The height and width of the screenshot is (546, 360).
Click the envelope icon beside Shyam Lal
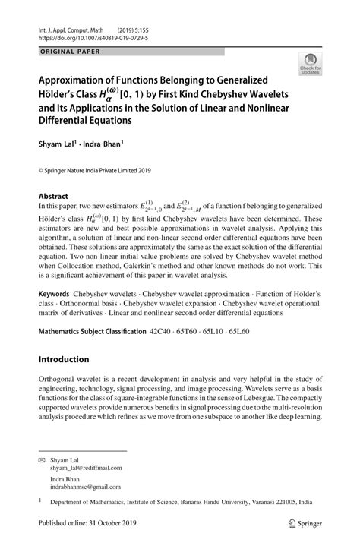pos(43,460)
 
